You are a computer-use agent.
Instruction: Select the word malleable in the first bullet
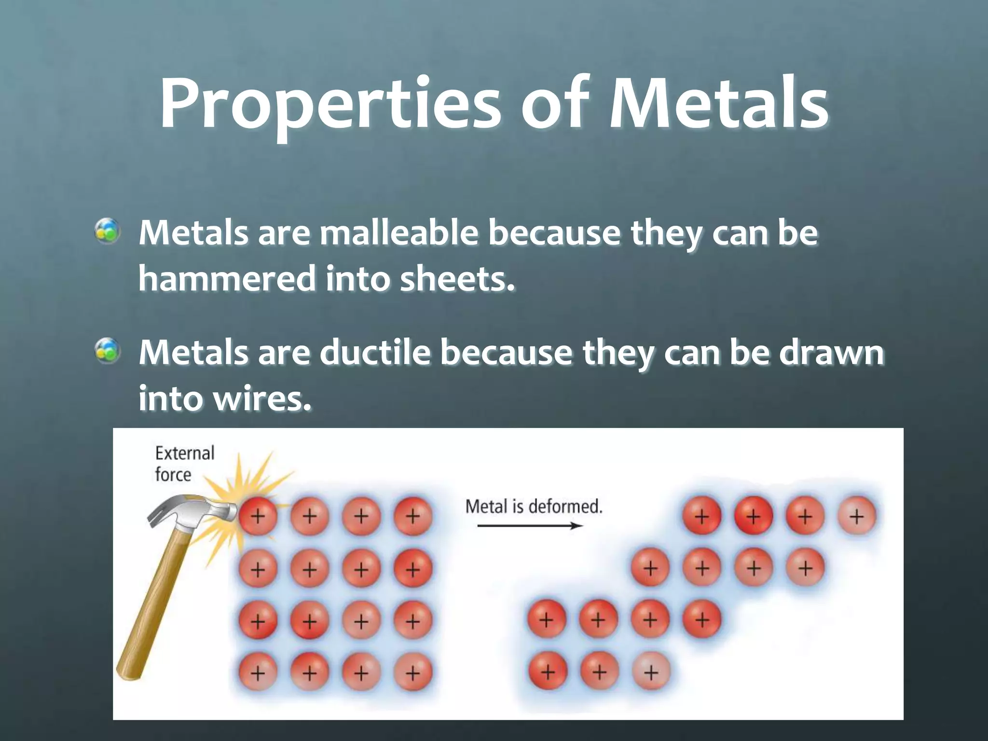(399, 233)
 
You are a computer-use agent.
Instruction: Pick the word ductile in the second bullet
(374, 353)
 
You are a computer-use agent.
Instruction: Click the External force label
(184, 464)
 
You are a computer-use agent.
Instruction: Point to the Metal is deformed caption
(534, 507)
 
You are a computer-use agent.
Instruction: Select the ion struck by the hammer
(258, 517)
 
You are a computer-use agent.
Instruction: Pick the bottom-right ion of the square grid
(412, 672)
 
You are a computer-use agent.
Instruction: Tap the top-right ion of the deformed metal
(857, 517)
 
